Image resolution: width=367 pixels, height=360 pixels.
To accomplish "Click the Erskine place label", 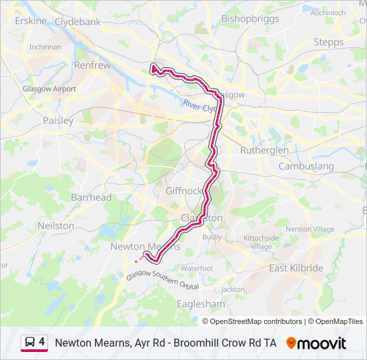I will (31, 21).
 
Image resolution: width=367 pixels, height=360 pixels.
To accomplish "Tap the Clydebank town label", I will (77, 21).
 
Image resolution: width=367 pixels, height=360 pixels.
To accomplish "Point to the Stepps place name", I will (328, 42).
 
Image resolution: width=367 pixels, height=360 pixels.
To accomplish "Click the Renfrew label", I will (92, 65).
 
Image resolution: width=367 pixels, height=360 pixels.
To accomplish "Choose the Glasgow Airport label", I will (49, 89).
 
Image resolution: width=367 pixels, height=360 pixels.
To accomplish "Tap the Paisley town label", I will (58, 121).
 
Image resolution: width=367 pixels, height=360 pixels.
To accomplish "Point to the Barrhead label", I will (91, 197).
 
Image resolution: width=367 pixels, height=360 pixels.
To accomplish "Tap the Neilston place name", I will (56, 225).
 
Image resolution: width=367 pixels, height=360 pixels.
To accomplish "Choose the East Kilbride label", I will (296, 268).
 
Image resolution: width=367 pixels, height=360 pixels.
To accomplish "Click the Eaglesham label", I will (201, 303).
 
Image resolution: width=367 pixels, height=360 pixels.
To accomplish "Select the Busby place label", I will (212, 237).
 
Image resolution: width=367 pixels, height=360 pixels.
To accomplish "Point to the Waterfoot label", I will (196, 268).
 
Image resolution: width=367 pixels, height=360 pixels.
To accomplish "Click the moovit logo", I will (316, 343).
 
